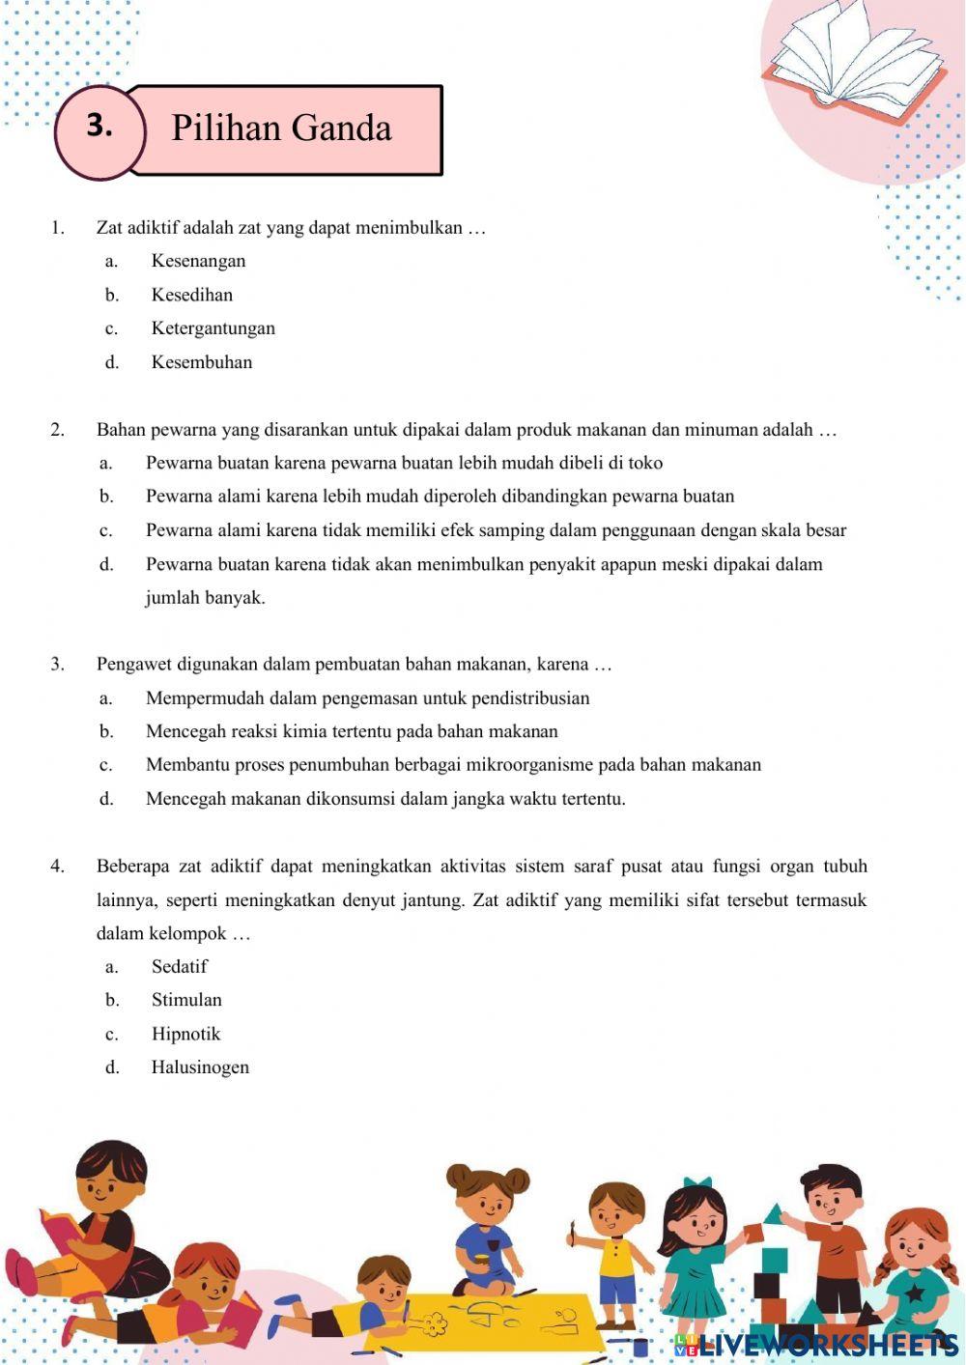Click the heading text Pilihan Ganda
[x=281, y=128]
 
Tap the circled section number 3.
[x=99, y=127]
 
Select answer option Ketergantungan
[x=213, y=328]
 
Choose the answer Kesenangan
[x=198, y=261]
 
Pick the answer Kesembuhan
[x=201, y=362]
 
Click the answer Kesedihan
[x=191, y=295]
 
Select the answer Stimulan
[x=186, y=1000]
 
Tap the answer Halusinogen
[x=200, y=1067]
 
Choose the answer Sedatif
[x=179, y=966]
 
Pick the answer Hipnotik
[x=185, y=1034]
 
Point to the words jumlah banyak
[x=205, y=598]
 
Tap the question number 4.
[x=57, y=867]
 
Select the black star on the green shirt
[x=913, y=1292]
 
